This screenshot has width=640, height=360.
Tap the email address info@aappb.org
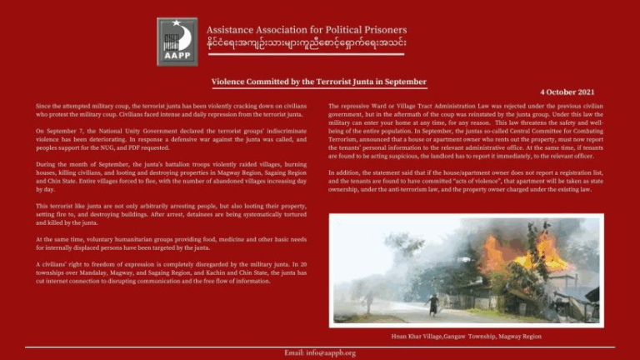click(319, 352)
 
